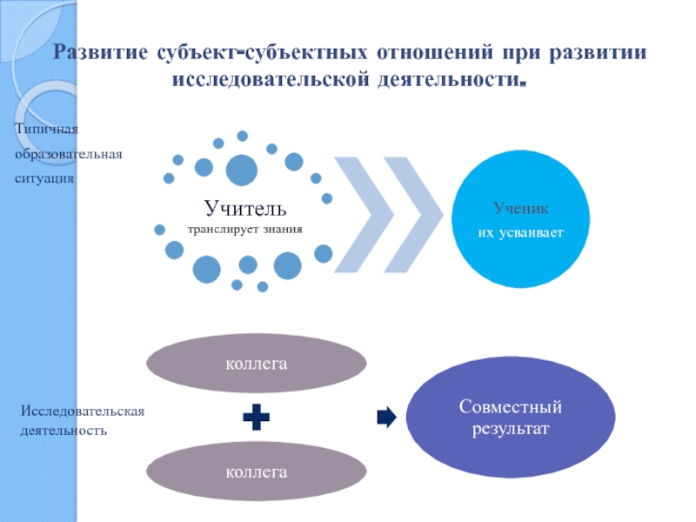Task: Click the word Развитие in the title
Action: coord(102,51)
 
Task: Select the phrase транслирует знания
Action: coord(244,230)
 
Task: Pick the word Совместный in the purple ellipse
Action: coord(511,406)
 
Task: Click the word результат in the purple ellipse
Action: coord(511,428)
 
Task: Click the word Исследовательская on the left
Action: coord(83,410)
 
